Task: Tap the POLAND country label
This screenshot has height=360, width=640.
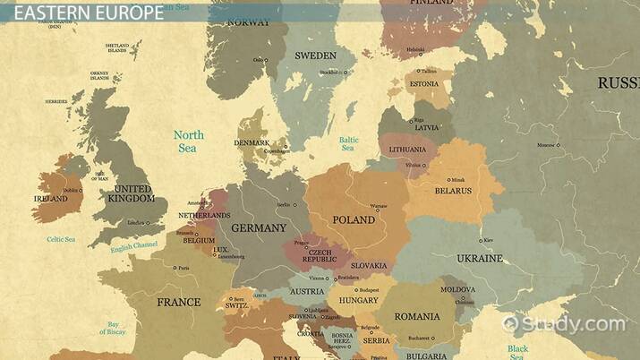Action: click(x=354, y=219)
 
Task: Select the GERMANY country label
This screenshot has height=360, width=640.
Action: click(x=258, y=228)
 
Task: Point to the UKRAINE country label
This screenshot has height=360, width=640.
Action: click(x=480, y=258)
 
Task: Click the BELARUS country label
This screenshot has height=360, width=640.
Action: click(x=453, y=191)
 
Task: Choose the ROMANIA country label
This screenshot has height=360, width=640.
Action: click(x=416, y=316)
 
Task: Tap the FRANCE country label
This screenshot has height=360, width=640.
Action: click(x=179, y=302)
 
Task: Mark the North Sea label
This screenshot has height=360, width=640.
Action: click(x=188, y=141)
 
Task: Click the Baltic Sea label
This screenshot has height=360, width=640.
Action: click(x=348, y=143)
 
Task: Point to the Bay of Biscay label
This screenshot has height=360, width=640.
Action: click(x=114, y=329)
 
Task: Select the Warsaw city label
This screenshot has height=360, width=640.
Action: click(x=380, y=206)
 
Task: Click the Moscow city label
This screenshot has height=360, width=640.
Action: click(x=545, y=145)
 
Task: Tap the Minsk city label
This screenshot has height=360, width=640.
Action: click(x=458, y=179)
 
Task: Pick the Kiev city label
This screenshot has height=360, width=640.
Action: click(x=488, y=240)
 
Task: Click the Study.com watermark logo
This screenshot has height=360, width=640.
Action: click(x=564, y=323)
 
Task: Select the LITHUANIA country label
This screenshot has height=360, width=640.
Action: click(x=406, y=150)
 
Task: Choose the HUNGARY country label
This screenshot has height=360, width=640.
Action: click(x=358, y=302)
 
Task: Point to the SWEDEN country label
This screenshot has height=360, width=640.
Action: click(x=315, y=55)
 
